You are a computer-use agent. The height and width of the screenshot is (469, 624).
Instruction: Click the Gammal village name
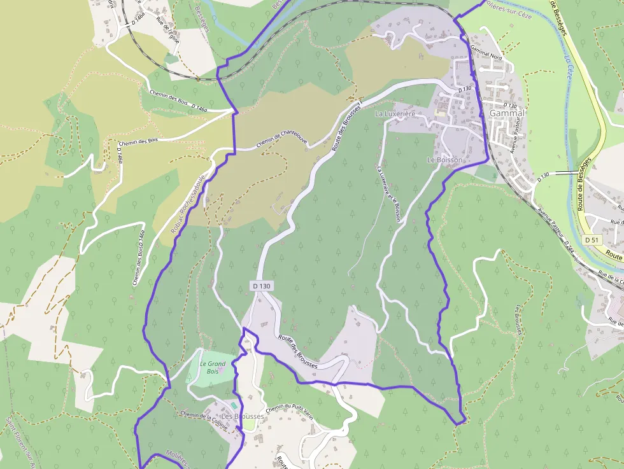click(x=507, y=113)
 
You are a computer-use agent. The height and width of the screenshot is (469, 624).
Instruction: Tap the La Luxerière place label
click(x=395, y=114)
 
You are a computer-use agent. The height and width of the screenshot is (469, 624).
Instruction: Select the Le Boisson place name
click(x=445, y=160)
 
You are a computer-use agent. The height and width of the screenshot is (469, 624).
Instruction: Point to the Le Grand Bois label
click(x=213, y=367)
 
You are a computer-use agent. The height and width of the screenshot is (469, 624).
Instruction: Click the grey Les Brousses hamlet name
click(x=243, y=416)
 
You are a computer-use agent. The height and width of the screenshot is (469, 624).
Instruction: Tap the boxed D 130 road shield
click(x=261, y=286)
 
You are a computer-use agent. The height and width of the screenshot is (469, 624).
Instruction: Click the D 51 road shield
click(x=592, y=240)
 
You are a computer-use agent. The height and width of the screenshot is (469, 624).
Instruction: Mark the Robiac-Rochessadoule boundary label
click(x=192, y=204)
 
